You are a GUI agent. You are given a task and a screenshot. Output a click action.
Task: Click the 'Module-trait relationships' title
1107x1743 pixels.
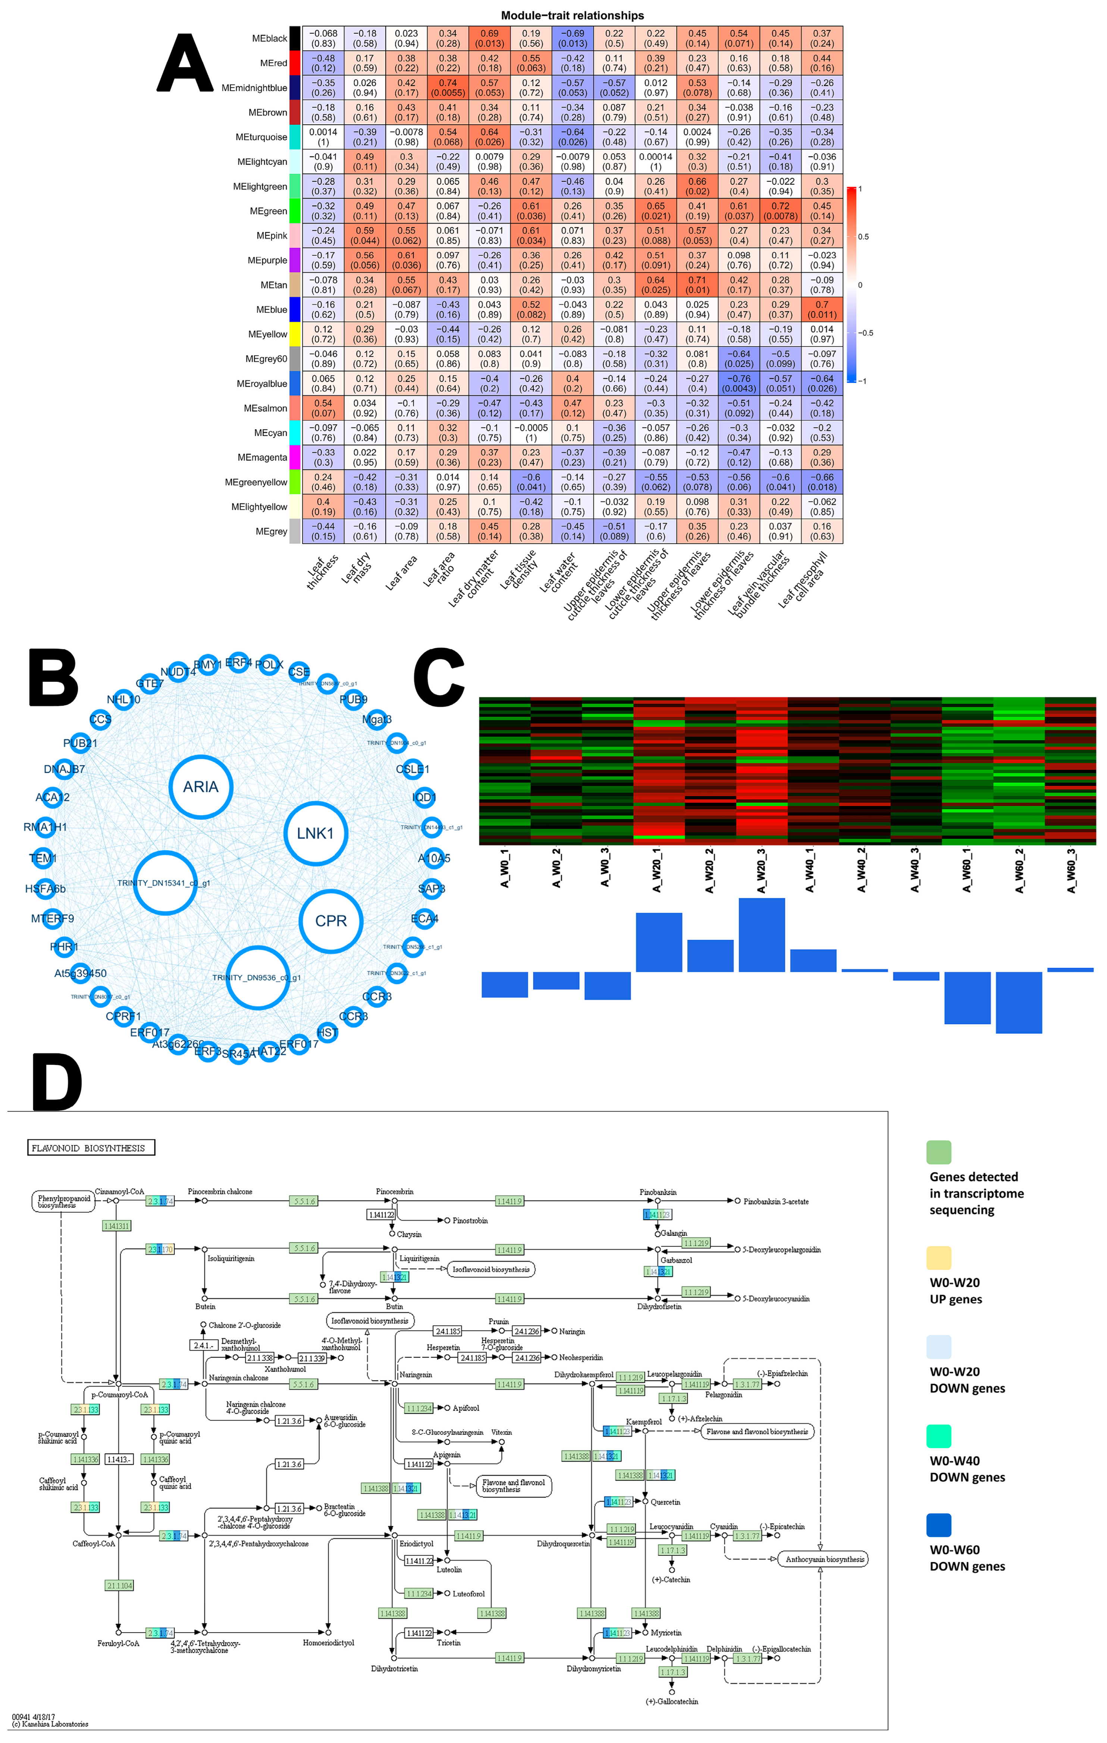tap(571, 15)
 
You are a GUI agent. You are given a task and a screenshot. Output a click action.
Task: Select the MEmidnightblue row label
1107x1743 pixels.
tap(254, 88)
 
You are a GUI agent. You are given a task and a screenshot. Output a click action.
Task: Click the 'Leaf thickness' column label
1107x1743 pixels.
tap(322, 572)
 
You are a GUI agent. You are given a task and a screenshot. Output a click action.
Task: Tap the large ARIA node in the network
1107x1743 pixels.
tap(200, 787)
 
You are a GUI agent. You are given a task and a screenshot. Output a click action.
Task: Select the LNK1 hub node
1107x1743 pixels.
tap(316, 833)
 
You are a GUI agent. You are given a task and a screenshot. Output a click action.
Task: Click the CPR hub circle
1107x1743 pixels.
tap(331, 921)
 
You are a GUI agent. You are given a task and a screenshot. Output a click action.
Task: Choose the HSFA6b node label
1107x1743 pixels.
tap(45, 889)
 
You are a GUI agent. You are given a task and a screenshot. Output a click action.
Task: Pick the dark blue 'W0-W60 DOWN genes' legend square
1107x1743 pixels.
tap(938, 1525)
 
